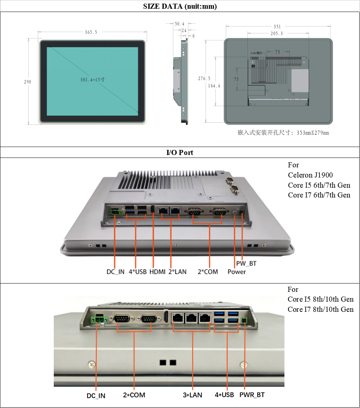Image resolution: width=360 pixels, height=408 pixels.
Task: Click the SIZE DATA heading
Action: point(180,6)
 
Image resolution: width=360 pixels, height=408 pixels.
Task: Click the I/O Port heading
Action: point(180,152)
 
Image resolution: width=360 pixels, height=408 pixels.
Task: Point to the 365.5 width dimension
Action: point(91,32)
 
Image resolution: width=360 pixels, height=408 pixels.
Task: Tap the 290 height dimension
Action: point(27,82)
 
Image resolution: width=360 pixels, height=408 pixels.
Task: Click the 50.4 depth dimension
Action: point(179,24)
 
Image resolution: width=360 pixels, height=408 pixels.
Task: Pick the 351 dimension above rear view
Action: point(277,26)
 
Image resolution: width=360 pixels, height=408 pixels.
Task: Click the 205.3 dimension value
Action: point(276,33)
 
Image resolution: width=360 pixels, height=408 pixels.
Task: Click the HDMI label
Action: point(157,272)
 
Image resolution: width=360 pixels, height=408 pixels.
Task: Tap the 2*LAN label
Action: point(177,272)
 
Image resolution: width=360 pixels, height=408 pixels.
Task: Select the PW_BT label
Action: point(246,264)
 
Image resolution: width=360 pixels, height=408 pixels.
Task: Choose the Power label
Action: point(237,272)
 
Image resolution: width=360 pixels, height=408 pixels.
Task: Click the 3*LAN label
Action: point(192,395)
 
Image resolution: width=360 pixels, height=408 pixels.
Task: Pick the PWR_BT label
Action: point(252,395)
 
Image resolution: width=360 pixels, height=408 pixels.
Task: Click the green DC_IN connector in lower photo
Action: point(100,320)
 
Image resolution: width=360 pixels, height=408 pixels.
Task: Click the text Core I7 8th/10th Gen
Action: point(320,309)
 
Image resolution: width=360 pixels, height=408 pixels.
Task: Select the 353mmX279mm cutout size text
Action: point(312,133)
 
